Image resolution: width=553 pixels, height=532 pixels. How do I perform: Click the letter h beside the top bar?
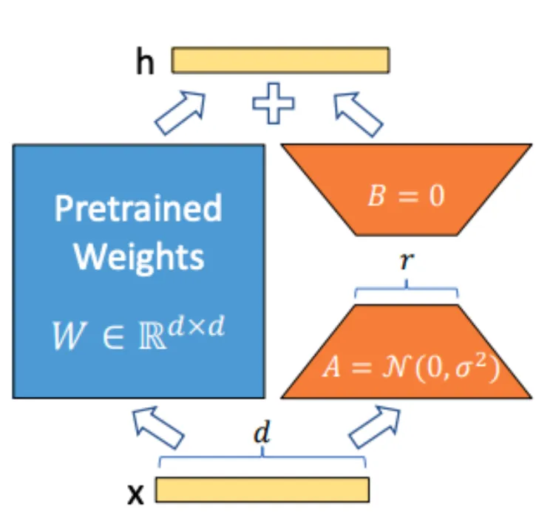point(145,63)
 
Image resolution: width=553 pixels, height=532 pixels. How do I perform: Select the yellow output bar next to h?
point(281,61)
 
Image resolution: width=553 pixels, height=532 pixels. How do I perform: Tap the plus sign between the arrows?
point(273,106)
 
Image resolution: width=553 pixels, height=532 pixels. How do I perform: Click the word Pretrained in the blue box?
point(138,209)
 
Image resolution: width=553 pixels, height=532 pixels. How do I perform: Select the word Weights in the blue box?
point(139,256)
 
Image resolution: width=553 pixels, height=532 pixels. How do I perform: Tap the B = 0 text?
point(406,198)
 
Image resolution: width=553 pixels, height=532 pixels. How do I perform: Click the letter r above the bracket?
point(404,262)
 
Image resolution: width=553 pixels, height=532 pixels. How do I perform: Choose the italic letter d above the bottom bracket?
point(260,434)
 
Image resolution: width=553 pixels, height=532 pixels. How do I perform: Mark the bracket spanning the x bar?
point(262,460)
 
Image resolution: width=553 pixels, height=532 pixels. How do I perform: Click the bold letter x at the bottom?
point(136,494)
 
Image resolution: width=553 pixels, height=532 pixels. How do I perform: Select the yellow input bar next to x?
point(262,490)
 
